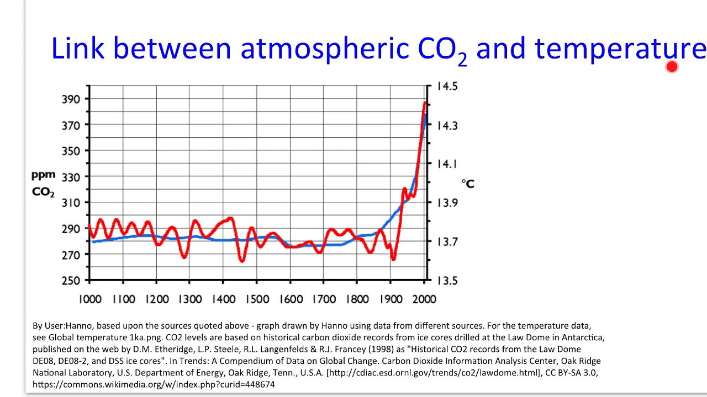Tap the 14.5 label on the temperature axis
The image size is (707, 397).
tap(447, 87)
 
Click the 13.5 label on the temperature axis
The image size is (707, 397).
tap(447, 281)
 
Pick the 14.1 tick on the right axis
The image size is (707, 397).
tap(447, 164)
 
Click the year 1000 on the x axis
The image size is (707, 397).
tap(90, 299)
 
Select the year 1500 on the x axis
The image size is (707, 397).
tap(257, 299)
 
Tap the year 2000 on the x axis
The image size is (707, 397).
tap(424, 299)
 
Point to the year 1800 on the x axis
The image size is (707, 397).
tap(357, 299)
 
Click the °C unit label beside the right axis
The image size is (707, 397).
tap(468, 184)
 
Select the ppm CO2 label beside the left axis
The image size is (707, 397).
tap(43, 184)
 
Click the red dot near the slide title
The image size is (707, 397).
tap(672, 67)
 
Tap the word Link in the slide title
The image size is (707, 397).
tap(78, 49)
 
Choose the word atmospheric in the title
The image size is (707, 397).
tap(325, 50)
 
